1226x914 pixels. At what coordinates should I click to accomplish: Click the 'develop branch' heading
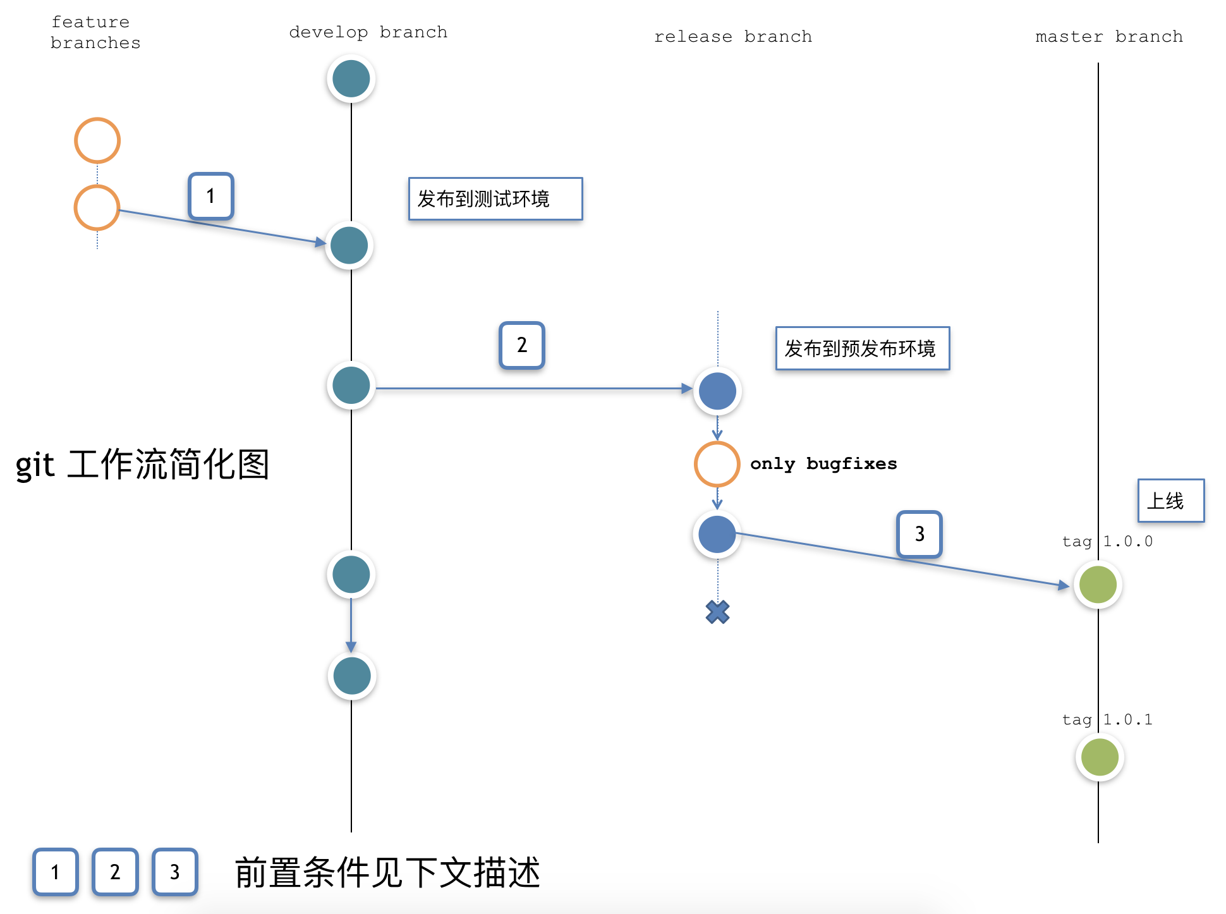coord(368,32)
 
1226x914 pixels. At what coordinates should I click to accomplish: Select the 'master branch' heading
coord(1108,37)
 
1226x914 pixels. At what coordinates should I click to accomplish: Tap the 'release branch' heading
coord(732,37)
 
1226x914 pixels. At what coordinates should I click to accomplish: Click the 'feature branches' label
coord(95,32)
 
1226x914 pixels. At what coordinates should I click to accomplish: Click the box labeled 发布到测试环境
coord(495,199)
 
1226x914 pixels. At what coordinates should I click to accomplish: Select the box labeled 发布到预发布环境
coord(862,348)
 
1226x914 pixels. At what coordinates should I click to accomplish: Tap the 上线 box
coord(1170,501)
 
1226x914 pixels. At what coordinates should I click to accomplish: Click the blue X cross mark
coord(717,612)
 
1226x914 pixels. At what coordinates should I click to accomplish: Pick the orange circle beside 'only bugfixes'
coord(717,464)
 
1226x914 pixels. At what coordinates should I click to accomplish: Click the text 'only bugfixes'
coord(823,464)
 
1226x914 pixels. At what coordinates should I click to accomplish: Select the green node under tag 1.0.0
coord(1098,585)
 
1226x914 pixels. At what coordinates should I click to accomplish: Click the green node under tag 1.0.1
coord(1099,757)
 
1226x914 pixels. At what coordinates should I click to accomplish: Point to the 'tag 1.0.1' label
coord(1107,719)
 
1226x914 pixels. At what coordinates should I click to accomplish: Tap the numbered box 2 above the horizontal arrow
coord(521,345)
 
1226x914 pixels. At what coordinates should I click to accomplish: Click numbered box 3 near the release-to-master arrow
coord(919,534)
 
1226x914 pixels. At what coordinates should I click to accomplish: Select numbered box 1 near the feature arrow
coord(211,196)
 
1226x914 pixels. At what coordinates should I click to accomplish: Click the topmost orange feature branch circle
coord(97,140)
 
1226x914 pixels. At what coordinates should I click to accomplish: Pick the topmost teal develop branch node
coord(351,79)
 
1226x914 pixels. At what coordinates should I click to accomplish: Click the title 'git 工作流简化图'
coord(143,465)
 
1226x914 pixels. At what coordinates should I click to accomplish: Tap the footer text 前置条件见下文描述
coord(387,873)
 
